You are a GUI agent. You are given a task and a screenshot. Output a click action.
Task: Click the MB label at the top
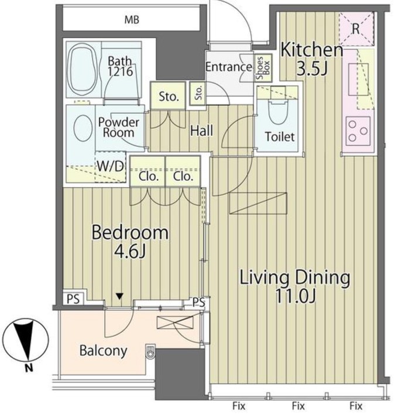[132, 20]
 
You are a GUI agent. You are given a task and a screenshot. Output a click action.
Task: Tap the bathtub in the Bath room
[83, 70]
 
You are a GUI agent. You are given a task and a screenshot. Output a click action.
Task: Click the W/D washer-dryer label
[111, 166]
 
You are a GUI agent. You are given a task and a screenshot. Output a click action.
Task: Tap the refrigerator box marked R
[356, 29]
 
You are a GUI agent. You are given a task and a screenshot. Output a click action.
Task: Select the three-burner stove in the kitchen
[358, 131]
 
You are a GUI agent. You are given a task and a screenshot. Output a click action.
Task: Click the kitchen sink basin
[358, 80]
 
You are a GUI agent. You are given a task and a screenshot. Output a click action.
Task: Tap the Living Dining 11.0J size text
[295, 296]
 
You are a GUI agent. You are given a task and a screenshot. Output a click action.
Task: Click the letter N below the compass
[29, 368]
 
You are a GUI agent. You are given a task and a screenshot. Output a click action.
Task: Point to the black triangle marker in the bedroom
[119, 296]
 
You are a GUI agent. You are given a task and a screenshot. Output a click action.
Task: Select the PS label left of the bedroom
[73, 299]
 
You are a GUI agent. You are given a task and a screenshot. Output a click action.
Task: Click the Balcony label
[104, 351]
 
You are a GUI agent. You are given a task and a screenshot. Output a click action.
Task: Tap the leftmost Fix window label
[239, 405]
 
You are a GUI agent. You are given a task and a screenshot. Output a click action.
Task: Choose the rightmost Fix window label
[355, 405]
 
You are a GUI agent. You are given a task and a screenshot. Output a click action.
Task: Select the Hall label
[202, 131]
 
